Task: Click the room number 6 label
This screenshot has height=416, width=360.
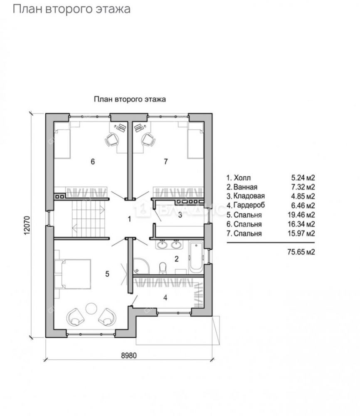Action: tap(93, 161)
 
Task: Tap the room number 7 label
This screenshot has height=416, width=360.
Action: tap(166, 161)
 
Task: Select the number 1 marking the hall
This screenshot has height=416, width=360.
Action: tap(129, 219)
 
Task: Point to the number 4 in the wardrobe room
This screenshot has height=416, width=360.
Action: tap(165, 298)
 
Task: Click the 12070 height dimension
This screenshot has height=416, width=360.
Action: tap(27, 225)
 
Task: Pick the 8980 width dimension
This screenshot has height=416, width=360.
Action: tap(129, 355)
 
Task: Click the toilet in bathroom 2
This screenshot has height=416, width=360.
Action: tap(163, 268)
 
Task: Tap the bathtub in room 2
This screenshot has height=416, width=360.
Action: tap(196, 257)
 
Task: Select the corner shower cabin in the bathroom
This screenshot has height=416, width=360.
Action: tap(141, 266)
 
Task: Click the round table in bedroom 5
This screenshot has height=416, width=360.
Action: tap(91, 308)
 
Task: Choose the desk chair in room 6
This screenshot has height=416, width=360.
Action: tap(112, 139)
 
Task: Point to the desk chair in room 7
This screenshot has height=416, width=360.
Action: tap(148, 139)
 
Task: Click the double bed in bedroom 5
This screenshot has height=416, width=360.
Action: tap(73, 274)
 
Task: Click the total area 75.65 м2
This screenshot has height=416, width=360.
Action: tap(301, 252)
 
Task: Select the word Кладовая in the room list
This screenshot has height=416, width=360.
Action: tap(249, 196)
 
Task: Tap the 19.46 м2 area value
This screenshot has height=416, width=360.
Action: tap(301, 215)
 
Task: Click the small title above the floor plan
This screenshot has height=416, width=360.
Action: tap(130, 99)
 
